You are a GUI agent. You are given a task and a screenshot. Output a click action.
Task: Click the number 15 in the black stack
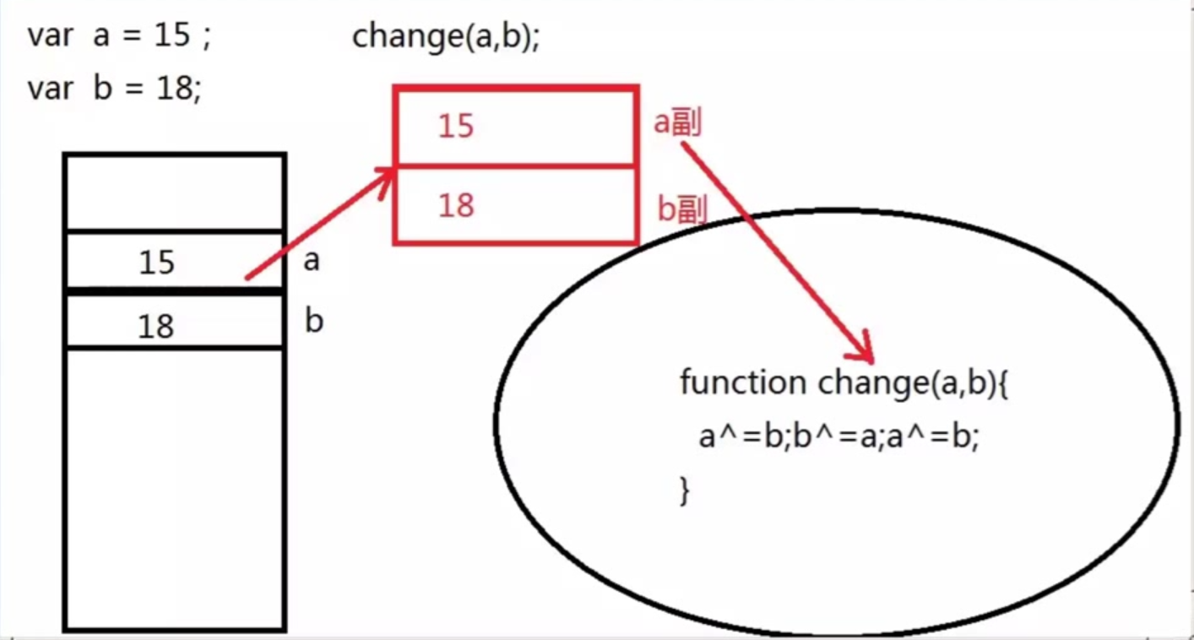coord(156,263)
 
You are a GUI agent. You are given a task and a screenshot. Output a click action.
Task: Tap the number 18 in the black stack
coord(156,325)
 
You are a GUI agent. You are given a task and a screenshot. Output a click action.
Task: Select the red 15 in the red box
coord(456,127)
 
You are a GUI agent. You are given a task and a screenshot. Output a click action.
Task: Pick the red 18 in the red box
coord(456,205)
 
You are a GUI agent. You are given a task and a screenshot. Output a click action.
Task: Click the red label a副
coord(678,124)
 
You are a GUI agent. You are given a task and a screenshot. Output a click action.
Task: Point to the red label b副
coord(681,209)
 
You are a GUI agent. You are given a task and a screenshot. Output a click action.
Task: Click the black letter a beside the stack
coord(312,261)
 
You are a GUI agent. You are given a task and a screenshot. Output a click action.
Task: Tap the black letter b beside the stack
coord(313,321)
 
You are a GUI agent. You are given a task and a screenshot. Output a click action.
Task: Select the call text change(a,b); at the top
coord(445,37)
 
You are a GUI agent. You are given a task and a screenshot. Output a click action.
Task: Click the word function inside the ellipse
coord(742,383)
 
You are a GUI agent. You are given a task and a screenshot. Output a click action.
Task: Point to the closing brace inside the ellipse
coord(685,491)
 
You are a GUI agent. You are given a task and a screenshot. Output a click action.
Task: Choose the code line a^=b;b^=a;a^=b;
coord(839,437)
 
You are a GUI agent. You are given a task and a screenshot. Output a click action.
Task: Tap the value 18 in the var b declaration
coord(172,89)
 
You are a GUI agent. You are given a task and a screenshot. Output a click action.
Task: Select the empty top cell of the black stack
coord(175,193)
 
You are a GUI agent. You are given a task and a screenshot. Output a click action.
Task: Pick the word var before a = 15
coord(50,37)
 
